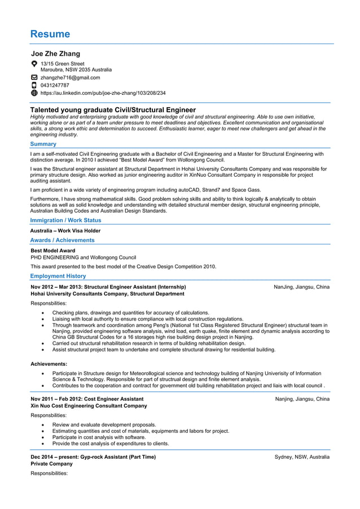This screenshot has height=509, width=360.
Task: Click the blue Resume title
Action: pos(50,34)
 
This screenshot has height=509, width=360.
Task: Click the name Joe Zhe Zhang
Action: pos(55,54)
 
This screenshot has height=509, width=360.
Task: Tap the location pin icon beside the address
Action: pos(34,64)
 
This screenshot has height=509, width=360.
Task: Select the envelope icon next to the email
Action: pos(34,78)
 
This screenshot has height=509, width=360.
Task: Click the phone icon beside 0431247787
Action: pos(34,85)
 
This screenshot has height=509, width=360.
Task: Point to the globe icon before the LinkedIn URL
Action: pos(34,93)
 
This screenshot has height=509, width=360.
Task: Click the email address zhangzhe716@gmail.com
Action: pos(70,78)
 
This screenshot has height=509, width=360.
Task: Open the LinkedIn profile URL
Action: pos(103,93)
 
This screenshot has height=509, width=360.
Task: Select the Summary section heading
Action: pos(43,144)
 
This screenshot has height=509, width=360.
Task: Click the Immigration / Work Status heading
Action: pos(65,220)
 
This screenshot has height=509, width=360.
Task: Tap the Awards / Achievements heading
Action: pos(62,240)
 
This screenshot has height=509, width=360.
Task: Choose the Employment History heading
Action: pos(58,276)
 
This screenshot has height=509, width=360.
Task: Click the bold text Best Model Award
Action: pos(52,251)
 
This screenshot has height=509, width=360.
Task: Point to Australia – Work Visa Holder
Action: pos(65,230)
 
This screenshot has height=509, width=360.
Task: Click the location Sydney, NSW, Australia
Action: pos(302,457)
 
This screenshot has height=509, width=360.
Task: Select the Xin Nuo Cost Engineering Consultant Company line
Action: pos(89,406)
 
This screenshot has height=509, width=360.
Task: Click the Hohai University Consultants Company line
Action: pos(107,293)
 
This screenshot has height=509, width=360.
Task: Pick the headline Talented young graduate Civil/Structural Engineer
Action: pos(113,109)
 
